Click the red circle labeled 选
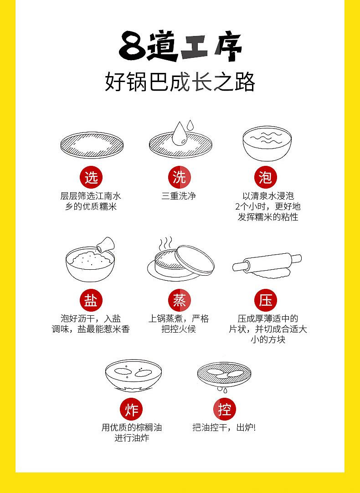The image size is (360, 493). coord(91,177)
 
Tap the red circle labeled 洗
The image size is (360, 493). coord(180,177)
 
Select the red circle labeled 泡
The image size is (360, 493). coord(266,177)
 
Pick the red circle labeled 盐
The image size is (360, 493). coord(91,300)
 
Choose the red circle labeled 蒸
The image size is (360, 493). coord(180,300)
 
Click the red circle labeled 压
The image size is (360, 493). coord(266,300)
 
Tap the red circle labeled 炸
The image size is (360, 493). coord(131,409)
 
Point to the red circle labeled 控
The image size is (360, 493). coord(225,409)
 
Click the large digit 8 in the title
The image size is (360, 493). coord(132,46)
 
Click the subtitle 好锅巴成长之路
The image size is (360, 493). coord(180,82)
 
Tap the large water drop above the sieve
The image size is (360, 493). coord(180,134)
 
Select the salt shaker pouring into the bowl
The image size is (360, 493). coord(106,244)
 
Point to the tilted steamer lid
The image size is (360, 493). coord(195,261)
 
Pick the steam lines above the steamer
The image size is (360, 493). coord(165,243)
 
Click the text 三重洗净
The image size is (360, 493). coord(179,196)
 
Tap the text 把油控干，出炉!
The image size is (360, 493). coord(224,427)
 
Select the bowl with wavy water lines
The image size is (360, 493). coord(267,143)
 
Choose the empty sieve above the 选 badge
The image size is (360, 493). coord(92,145)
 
